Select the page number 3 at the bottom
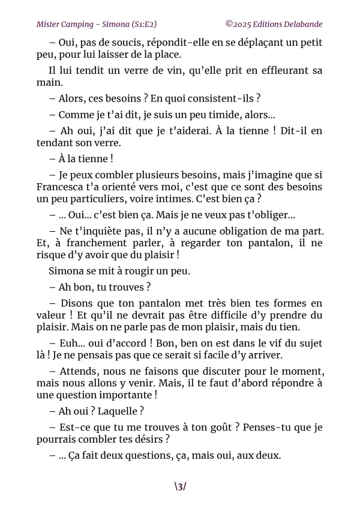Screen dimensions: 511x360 [x=180, y=486]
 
